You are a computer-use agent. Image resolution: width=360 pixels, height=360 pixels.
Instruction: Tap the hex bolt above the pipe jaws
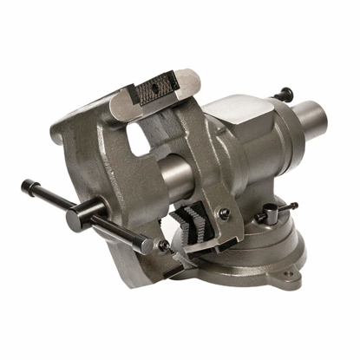point(224,213)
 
